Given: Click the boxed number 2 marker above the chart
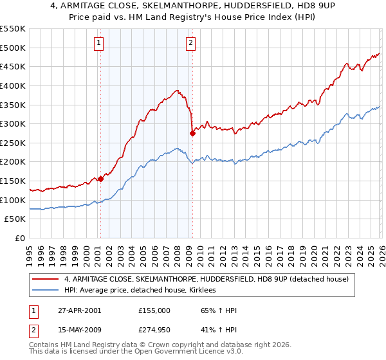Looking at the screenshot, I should point(192,43).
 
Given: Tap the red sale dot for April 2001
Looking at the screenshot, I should point(100,179).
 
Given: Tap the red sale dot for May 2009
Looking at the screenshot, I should point(192,133).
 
